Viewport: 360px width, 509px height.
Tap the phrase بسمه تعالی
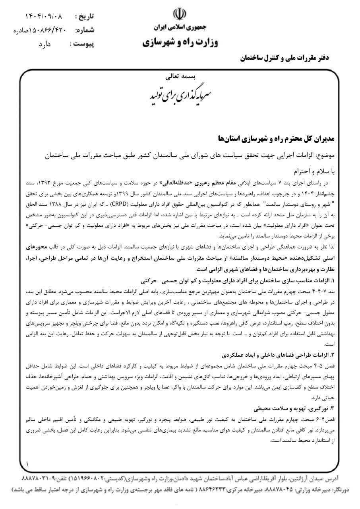(x=180, y=74)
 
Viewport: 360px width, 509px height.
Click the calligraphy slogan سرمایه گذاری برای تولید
(x=180, y=91)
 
